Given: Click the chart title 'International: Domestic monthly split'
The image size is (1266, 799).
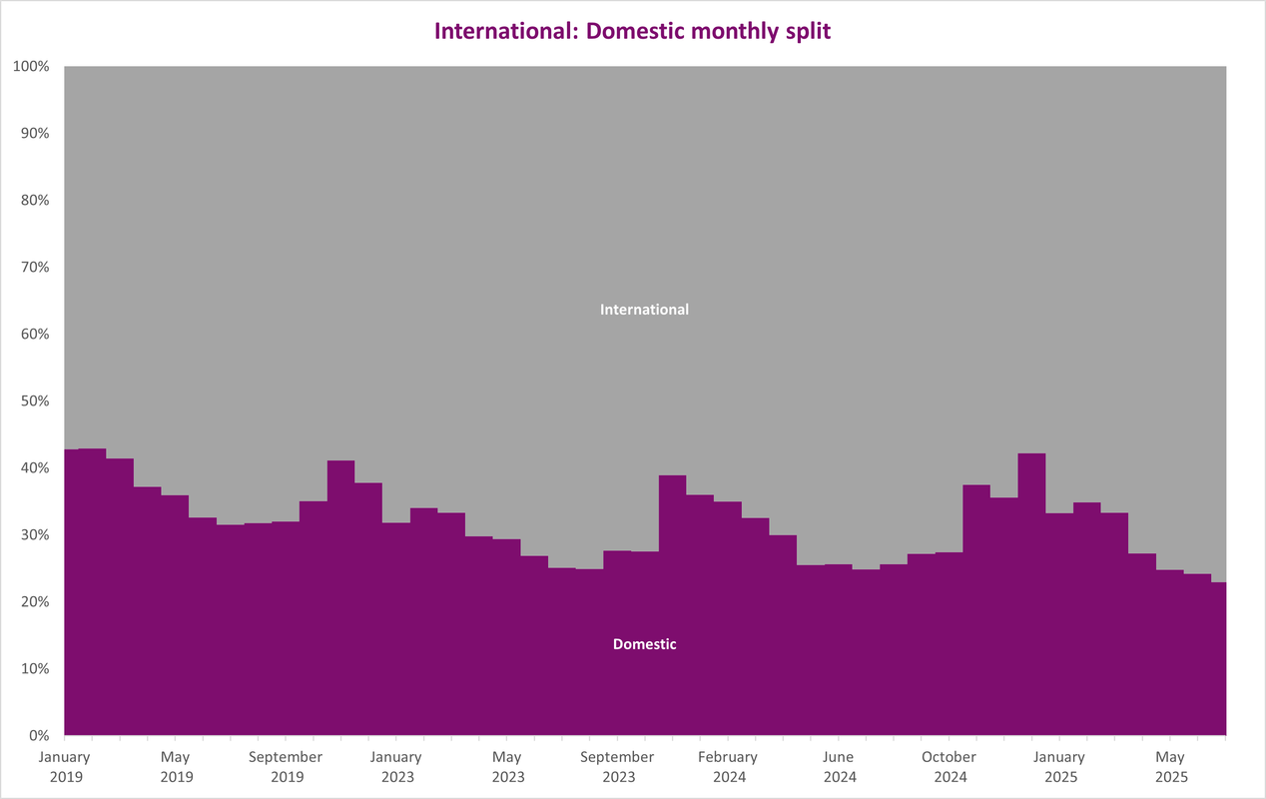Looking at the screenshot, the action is tap(632, 31).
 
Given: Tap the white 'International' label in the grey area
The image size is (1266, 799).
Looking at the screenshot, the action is tap(644, 310).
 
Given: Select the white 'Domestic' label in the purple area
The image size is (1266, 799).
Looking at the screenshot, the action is tap(644, 644).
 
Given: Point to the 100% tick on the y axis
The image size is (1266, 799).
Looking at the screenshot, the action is tap(31, 67).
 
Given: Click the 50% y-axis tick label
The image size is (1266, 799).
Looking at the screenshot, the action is tap(35, 400).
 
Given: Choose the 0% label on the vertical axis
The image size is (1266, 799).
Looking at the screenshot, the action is tap(39, 736).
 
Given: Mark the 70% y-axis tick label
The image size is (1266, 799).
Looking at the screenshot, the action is tap(35, 267).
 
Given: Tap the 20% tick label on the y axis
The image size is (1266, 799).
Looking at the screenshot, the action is tap(35, 601).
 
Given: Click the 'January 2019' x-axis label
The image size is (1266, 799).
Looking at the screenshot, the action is tap(65, 767).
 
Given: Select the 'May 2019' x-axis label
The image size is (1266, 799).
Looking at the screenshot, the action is tap(176, 767).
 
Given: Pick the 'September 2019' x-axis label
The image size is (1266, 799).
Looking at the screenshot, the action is tap(286, 767).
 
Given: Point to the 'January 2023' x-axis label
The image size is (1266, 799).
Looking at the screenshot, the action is tap(396, 767).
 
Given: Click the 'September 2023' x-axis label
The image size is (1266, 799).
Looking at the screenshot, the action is tap(618, 767).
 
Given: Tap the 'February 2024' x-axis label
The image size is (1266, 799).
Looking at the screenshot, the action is tap(728, 767).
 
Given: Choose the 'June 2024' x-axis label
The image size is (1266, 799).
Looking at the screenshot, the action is tap(839, 767).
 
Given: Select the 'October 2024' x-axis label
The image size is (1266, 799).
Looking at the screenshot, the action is tap(949, 767).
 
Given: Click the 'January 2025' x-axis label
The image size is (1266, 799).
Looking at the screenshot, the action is tap(1059, 767).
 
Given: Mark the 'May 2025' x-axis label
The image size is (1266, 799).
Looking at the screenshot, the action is tap(1170, 767).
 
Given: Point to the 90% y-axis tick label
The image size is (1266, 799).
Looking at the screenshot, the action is tap(35, 134).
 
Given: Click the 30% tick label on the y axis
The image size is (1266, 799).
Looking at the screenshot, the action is tap(35, 535).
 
